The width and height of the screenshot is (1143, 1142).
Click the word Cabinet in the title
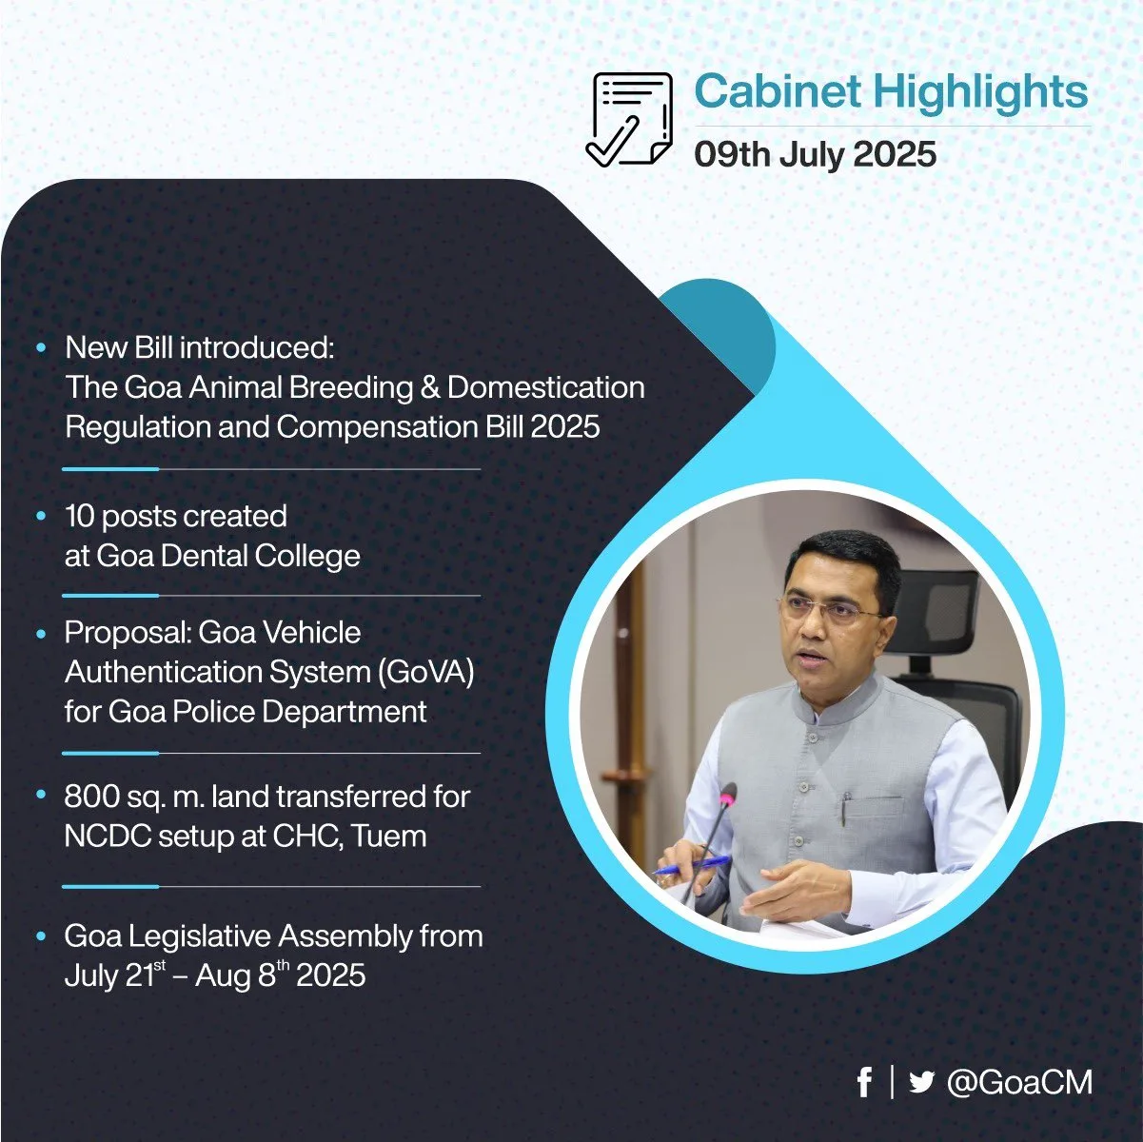click(x=778, y=92)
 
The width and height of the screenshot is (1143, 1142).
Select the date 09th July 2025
click(x=816, y=154)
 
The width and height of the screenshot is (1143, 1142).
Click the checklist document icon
click(x=629, y=119)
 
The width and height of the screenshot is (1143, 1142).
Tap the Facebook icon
click(x=865, y=1082)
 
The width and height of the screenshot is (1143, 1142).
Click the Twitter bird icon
click(x=921, y=1082)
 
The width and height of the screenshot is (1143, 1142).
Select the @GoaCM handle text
click(x=1019, y=1082)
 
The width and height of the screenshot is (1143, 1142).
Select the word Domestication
click(x=545, y=387)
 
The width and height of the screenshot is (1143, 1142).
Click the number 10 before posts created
click(x=80, y=516)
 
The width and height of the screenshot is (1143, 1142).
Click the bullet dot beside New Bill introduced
click(x=41, y=347)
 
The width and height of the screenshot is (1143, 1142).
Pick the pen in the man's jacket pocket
click(x=847, y=804)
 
